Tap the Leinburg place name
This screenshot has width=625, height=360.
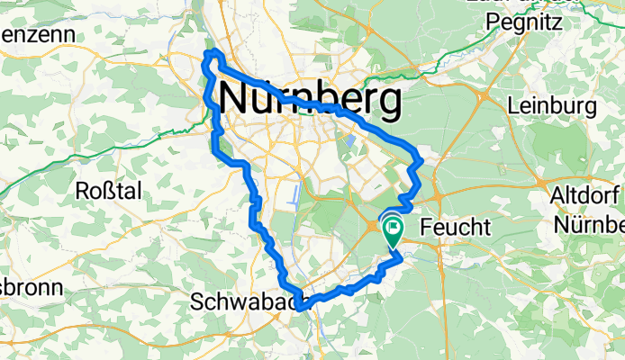click(x=552, y=106)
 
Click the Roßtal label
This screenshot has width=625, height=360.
click(x=108, y=191)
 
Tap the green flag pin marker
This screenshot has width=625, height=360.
click(x=394, y=229)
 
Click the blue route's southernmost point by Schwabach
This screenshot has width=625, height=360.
click(x=301, y=308)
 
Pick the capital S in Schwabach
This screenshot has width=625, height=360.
click(x=198, y=303)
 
